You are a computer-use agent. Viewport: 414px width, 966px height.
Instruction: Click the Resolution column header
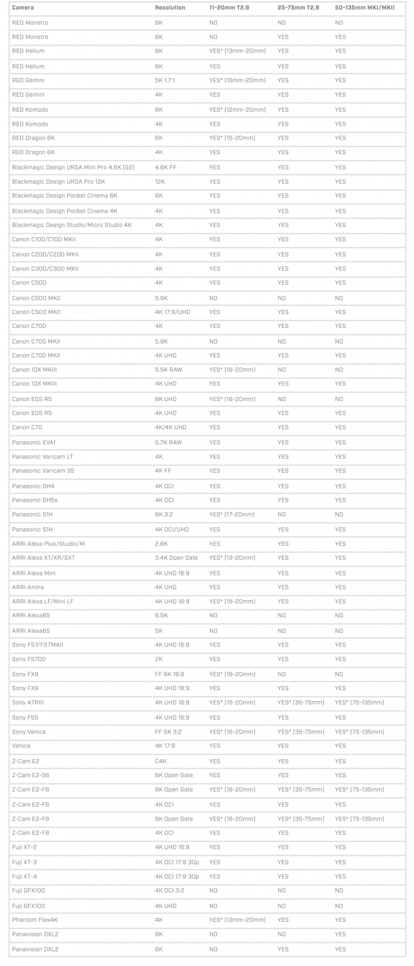pos(170,8)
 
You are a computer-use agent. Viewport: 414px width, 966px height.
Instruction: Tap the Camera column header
pos(23,8)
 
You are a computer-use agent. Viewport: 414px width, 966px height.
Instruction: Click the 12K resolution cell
pos(160,182)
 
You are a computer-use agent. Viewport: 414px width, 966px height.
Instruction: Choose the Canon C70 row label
pos(27,427)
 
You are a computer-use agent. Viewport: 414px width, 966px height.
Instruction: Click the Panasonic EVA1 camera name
pos(34,442)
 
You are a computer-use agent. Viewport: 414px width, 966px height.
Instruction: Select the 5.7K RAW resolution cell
pos(168,442)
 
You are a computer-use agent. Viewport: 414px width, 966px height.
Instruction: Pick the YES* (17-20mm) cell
pos(232,514)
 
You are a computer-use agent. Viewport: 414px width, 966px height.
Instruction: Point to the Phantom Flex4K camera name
pos(35,920)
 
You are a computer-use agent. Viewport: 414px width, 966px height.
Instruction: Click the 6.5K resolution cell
pos(161,615)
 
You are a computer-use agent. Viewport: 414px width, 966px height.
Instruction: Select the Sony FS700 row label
pos(29,659)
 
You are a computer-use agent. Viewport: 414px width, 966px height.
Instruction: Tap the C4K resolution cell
pos(161,761)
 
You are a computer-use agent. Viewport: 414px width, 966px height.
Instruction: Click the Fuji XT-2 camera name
pos(25,847)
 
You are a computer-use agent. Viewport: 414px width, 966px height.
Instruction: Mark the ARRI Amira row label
pos(28,587)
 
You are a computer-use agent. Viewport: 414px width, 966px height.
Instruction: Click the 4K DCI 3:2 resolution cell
pos(171,891)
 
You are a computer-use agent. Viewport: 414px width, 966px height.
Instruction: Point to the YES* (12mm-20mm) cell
pos(237,110)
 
